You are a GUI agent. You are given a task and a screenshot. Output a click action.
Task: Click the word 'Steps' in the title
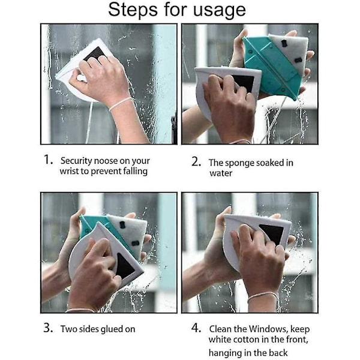[x=133, y=10]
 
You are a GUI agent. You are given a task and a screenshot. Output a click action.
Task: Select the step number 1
[x=48, y=160]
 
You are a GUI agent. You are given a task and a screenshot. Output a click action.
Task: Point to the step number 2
[x=196, y=161]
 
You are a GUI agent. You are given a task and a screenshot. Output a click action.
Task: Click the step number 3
[x=48, y=328]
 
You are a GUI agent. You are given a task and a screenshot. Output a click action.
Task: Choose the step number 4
[x=196, y=328]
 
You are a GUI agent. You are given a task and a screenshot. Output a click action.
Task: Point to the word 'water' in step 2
[x=221, y=173]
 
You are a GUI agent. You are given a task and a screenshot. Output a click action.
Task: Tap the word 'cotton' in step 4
[x=245, y=340]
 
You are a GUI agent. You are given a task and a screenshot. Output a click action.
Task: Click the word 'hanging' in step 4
[x=223, y=353]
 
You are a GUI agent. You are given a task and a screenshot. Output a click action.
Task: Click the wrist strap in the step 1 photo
[x=121, y=103]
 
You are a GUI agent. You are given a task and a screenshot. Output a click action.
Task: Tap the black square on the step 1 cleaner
[x=95, y=54]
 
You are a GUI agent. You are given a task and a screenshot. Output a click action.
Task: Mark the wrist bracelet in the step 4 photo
[x=263, y=295]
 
